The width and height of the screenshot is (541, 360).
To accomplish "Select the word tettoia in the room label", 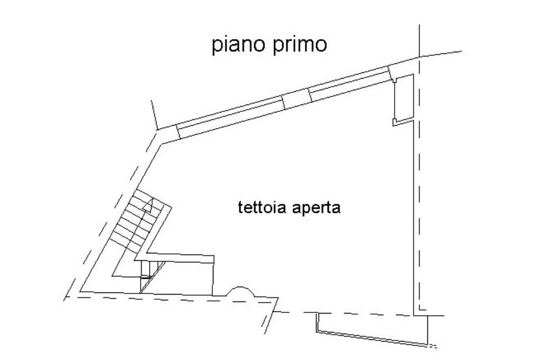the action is pos(259,207).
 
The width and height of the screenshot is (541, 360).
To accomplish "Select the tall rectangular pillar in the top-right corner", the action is pos(404,98).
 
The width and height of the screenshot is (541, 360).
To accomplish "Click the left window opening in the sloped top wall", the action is pos(230,117).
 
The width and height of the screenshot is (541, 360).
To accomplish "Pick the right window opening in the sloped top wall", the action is pos(349,84).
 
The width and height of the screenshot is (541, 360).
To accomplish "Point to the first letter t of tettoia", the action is pos(240,207).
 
